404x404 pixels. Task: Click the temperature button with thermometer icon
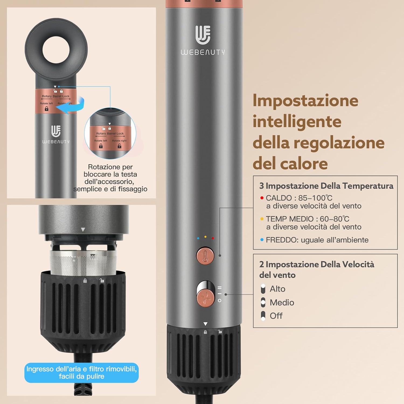coord(205,256)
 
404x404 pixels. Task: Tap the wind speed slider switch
coord(206,294)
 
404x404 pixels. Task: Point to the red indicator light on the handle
coord(213,238)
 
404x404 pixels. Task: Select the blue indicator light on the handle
coord(198,238)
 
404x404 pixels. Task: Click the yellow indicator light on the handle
coord(206,237)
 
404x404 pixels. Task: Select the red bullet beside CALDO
coord(262,198)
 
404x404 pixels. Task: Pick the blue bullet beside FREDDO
coord(262,240)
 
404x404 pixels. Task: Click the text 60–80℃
coord(335,219)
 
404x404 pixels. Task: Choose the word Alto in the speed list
coord(277,289)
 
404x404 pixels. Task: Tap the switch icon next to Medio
coord(263,302)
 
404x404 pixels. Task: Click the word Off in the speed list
coord(276,316)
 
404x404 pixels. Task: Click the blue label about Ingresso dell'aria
coord(81,373)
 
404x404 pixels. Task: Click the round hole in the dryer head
coord(56,50)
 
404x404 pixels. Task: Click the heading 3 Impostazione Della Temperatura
coord(326,186)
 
